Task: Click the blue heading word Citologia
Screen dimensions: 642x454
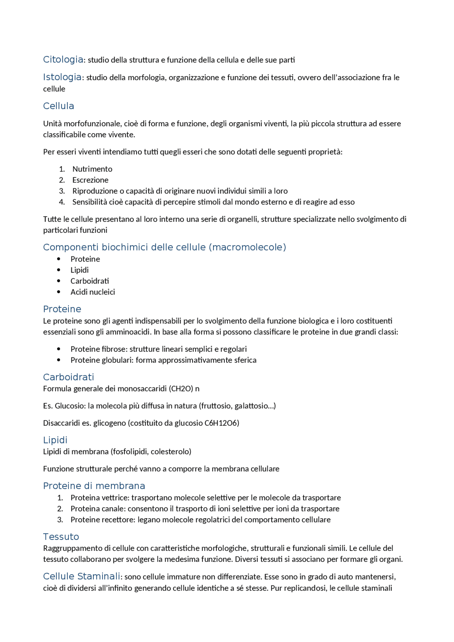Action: (x=63, y=60)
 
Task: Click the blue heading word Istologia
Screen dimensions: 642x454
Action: (x=62, y=77)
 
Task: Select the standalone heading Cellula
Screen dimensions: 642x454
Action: (x=59, y=106)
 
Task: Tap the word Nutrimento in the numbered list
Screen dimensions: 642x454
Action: (x=92, y=169)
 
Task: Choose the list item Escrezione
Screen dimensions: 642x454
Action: (x=90, y=180)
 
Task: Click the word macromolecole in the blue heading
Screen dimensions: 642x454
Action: (x=247, y=247)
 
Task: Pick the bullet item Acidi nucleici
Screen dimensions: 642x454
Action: (x=93, y=292)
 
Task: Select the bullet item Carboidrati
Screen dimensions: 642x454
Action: (x=89, y=281)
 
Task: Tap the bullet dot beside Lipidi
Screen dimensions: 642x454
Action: (x=59, y=270)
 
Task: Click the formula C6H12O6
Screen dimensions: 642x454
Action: (x=222, y=423)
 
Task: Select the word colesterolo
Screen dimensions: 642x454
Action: (x=171, y=452)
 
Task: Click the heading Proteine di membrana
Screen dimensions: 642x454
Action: (x=94, y=486)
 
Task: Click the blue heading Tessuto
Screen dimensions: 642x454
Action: (x=61, y=537)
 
